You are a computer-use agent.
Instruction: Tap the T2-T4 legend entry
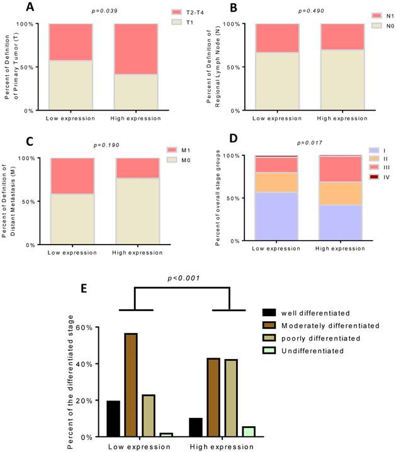pyautogui.click(x=183, y=12)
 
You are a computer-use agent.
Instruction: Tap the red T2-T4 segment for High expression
pyautogui.click(x=135, y=49)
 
